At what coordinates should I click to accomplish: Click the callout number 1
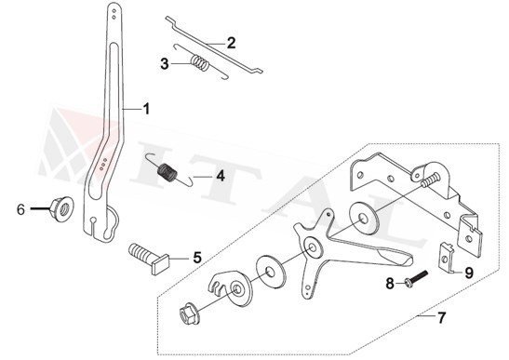[x=147, y=109]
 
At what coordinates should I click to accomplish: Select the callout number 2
[x=231, y=43]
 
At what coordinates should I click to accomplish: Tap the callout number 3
[x=165, y=64]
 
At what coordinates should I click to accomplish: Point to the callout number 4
[x=221, y=176]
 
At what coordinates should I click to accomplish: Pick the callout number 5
[x=197, y=258]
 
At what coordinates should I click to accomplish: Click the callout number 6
[x=20, y=209]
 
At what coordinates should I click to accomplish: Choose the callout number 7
[x=441, y=317]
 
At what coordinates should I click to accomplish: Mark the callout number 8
[x=390, y=284]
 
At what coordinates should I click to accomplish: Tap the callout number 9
[x=469, y=273]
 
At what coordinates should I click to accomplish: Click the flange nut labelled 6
[x=61, y=209]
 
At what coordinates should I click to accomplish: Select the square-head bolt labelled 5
[x=149, y=259]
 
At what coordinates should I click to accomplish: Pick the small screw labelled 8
[x=416, y=278]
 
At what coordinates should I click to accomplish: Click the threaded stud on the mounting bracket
[x=430, y=180]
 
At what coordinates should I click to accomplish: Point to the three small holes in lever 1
[x=103, y=164]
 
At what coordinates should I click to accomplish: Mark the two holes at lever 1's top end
[x=114, y=14]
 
